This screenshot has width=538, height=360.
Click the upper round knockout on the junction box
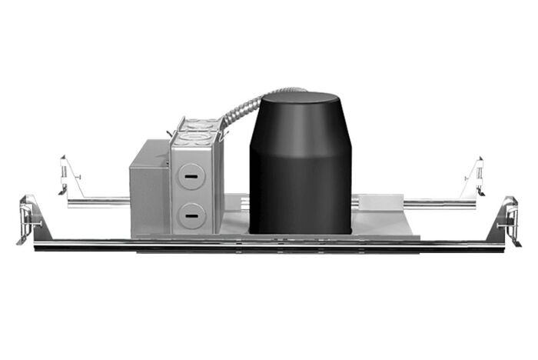(189, 175)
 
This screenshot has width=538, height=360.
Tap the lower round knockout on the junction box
(189, 215)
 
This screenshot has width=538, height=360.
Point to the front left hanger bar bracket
(30, 218)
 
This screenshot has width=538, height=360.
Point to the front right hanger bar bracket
(508, 218)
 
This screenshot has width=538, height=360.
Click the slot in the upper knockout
(189, 175)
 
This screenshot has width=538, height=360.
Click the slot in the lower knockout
(189, 215)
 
